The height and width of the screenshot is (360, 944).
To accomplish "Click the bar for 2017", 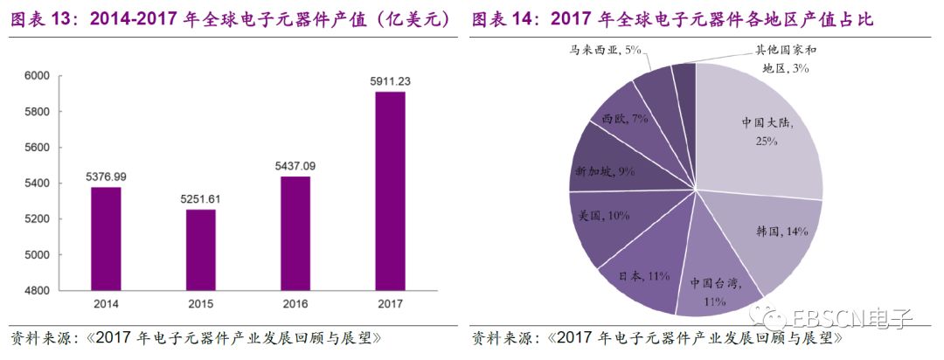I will tap(390, 190).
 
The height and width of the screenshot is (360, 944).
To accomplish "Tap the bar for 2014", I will tap(107, 238).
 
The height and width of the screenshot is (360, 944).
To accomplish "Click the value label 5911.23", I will tap(390, 81).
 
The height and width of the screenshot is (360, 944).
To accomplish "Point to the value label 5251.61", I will tap(202, 199).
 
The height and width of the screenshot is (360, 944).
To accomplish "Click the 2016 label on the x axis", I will tap(296, 305).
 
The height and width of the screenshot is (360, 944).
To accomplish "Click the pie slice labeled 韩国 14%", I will tap(769, 236).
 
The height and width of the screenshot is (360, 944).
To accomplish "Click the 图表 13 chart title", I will tap(232, 18).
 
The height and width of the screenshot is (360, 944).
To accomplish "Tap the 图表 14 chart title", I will tap(673, 18).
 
